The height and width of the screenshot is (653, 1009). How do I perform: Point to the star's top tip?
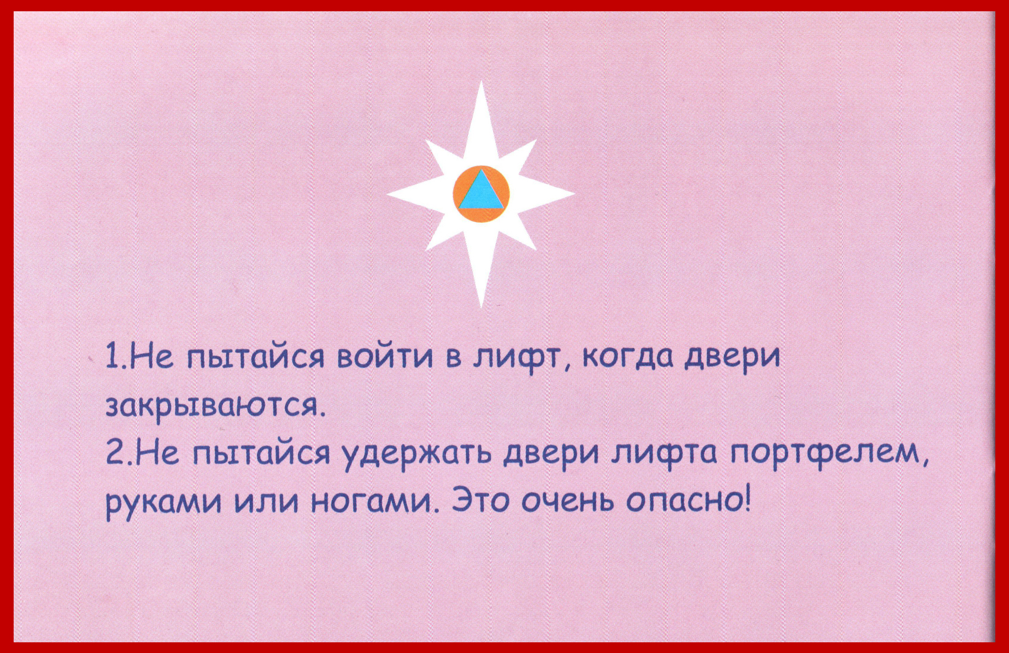pyautogui.click(x=481, y=81)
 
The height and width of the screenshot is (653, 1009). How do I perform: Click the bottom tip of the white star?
pyautogui.click(x=481, y=308)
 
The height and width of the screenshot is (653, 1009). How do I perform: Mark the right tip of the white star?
pyautogui.click(x=575, y=194)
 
